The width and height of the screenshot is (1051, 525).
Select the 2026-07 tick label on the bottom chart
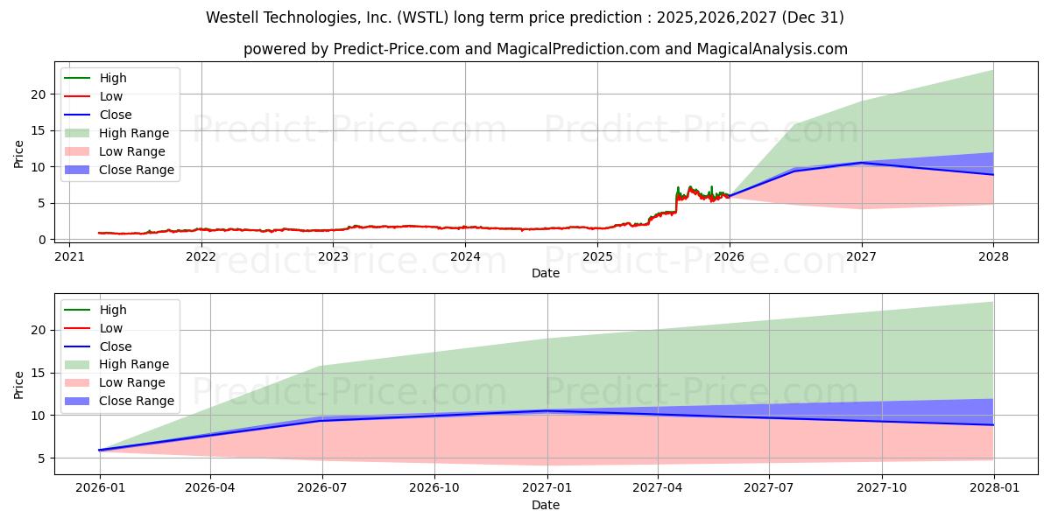[322, 487]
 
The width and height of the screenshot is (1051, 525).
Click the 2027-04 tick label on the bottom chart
[658, 487]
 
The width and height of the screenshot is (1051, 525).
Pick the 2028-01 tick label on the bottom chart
[993, 487]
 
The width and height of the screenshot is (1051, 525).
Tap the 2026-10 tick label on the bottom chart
[434, 487]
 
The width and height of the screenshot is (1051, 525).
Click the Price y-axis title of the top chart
[19, 153]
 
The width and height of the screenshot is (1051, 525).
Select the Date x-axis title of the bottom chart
[546, 505]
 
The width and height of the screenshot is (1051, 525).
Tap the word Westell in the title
[232, 17]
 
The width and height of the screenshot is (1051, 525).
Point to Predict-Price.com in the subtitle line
[397, 49]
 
